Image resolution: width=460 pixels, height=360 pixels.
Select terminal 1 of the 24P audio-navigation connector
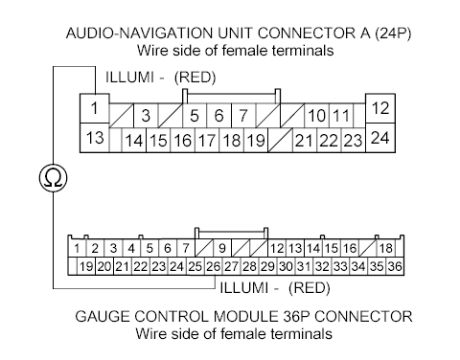(x=95, y=108)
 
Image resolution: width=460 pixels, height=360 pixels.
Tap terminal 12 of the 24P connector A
(x=379, y=108)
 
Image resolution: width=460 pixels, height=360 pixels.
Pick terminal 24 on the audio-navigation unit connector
(x=379, y=139)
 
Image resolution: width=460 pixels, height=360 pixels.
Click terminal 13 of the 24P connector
(x=95, y=139)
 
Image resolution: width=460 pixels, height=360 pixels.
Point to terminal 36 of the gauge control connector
(x=394, y=266)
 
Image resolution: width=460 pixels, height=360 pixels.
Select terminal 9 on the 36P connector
(x=220, y=249)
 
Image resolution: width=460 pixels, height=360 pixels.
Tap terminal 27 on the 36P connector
(x=231, y=266)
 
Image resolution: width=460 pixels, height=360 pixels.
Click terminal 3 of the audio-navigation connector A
(x=147, y=117)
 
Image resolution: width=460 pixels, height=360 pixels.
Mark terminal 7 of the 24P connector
(x=243, y=117)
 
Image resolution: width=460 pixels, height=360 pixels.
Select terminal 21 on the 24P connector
(x=306, y=141)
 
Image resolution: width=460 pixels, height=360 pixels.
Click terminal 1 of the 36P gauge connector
(x=76, y=249)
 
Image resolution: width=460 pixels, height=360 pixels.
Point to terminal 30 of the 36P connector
(x=285, y=266)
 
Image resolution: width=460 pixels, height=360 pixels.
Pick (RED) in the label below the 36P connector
(x=310, y=285)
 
